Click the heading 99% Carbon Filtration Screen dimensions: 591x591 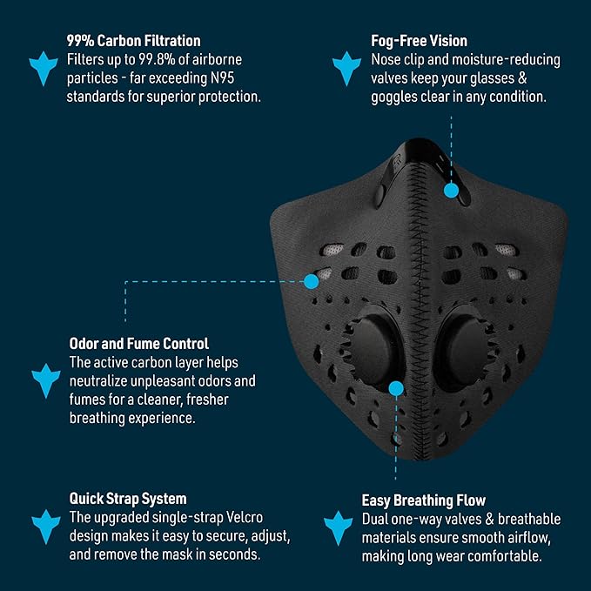click(134, 41)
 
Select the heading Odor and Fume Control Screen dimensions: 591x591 click(139, 344)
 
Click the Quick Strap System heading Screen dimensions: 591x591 click(128, 499)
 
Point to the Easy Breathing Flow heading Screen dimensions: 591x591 click(424, 500)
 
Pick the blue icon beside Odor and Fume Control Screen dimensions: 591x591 click(44, 380)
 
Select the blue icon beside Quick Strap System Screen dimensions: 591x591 click(45, 526)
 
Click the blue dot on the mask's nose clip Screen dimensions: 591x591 click(451, 189)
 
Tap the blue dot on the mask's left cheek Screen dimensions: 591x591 click(311, 280)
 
